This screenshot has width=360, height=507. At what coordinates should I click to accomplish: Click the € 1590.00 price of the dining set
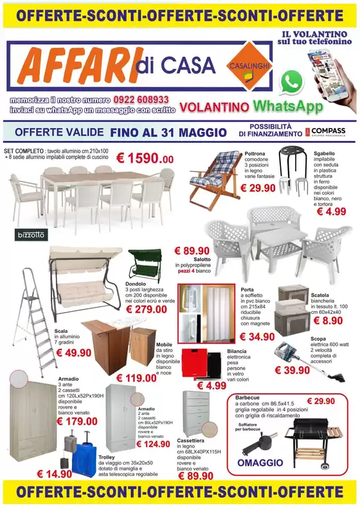pos(150,158)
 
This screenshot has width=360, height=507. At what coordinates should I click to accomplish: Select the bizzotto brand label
pos(28,235)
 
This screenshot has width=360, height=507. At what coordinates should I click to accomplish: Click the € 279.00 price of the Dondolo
pos(148,309)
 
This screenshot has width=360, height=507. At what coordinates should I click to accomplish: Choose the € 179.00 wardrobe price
pos(77,421)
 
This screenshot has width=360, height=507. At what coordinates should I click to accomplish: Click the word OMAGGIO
pos(260,463)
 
